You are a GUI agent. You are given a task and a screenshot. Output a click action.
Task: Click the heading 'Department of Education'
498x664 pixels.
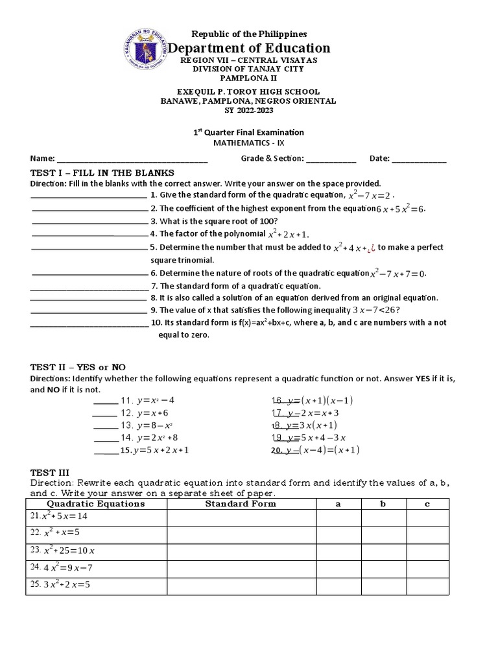[x=249, y=48]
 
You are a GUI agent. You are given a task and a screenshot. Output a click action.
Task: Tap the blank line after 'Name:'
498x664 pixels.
[x=133, y=159]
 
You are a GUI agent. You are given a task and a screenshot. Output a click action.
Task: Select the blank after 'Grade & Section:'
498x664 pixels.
[x=331, y=159]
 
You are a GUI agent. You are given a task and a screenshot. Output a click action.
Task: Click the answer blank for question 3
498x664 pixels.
[x=89, y=220]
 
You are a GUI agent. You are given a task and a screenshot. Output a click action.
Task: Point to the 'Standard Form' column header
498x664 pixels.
[x=241, y=503]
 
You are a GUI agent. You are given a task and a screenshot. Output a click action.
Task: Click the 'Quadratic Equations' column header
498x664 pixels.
[x=97, y=503]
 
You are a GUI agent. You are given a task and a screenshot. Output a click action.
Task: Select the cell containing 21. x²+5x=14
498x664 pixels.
[x=97, y=517]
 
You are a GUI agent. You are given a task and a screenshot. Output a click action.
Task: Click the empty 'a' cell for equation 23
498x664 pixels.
[x=338, y=551]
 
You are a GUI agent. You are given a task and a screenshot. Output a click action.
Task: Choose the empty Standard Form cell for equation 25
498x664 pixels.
[x=241, y=584]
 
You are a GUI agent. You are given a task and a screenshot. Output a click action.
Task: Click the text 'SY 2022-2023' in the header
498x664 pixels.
[x=249, y=110]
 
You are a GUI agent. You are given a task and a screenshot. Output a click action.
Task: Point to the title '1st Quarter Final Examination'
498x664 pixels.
[x=249, y=132]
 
